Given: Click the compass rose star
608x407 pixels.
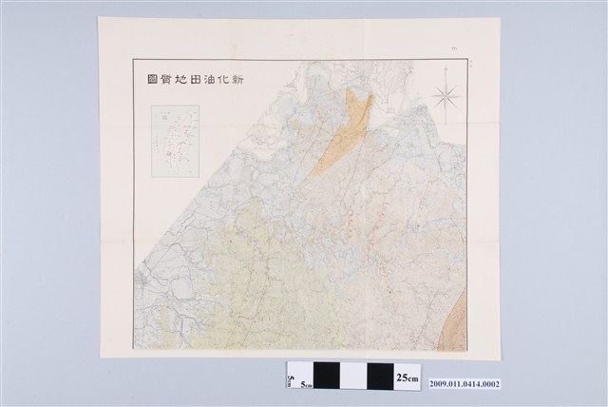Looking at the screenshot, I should coord(446,96).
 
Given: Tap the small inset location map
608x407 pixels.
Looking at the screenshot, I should coord(175,141).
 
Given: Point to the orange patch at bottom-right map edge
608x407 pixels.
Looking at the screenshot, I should coord(458,318).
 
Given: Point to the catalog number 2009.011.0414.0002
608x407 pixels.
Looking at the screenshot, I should coord(464,385).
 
